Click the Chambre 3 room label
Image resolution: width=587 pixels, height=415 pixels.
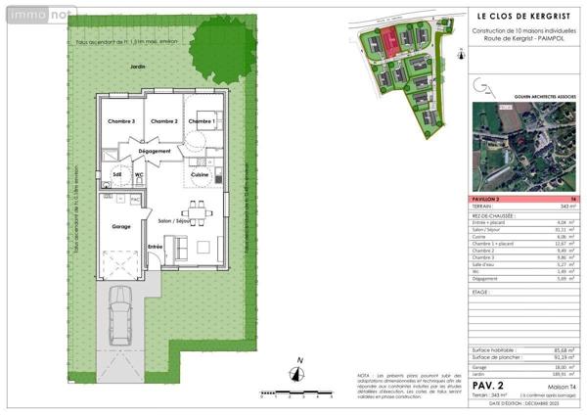point(120,121)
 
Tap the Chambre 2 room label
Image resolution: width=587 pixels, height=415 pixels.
point(162,121)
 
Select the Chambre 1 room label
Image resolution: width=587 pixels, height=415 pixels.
point(203,121)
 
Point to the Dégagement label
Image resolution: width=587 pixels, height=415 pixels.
point(155,152)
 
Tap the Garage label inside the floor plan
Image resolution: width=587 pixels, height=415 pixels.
point(121,226)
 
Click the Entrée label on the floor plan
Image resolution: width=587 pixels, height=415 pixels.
point(155,247)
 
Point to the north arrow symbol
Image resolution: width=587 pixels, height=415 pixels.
point(299,373)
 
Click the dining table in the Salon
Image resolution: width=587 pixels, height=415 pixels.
point(199,210)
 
